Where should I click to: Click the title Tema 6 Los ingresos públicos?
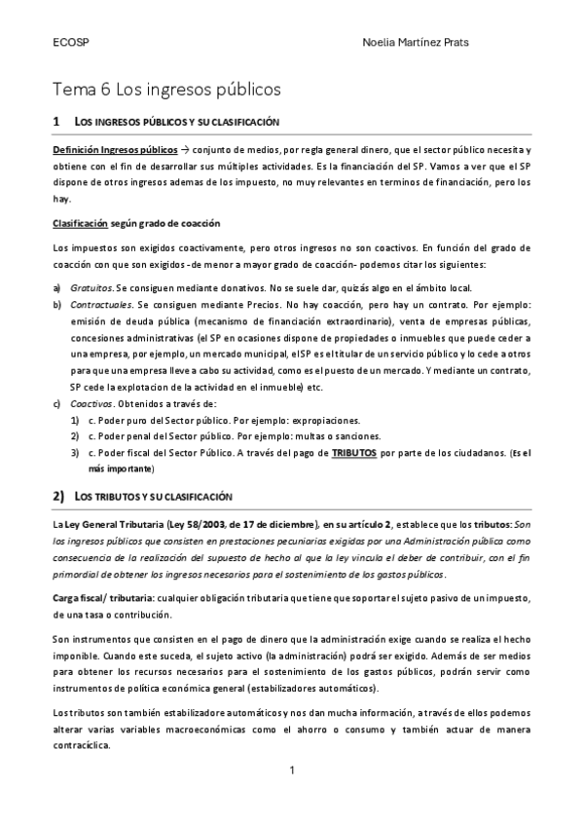166,90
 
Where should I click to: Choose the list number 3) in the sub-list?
75,452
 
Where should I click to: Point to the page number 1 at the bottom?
291,772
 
